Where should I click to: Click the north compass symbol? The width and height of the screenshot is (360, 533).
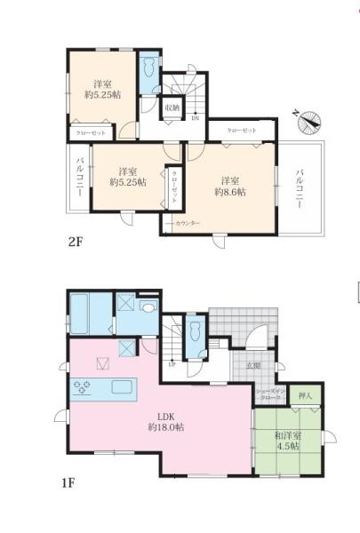tap(308, 120)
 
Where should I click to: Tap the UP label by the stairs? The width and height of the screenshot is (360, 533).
tap(172, 364)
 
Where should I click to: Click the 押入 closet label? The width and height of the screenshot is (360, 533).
tap(305, 397)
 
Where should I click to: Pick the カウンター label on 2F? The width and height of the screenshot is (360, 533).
tap(188, 222)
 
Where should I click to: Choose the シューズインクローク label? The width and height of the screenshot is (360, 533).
tap(269, 394)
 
